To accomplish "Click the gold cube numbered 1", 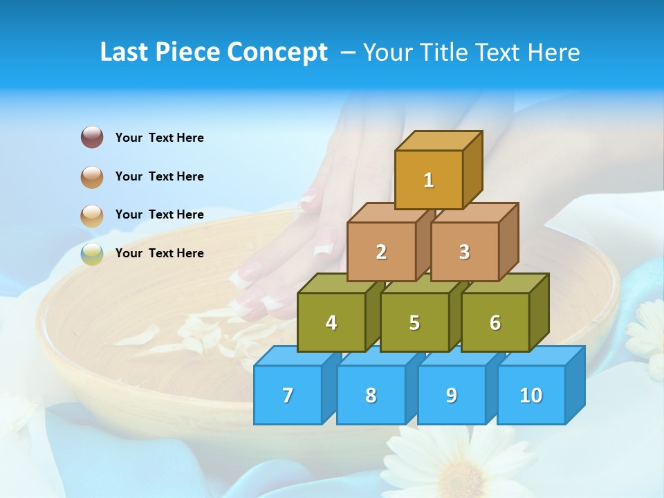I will (x=428, y=180).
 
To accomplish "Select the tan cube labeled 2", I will (x=381, y=252).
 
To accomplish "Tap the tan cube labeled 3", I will (x=464, y=252).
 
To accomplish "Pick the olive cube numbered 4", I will (x=331, y=322).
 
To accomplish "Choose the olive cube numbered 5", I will (x=414, y=322).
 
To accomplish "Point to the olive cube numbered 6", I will (x=495, y=322).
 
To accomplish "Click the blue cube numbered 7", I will (x=288, y=395).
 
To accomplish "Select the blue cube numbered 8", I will (x=371, y=395).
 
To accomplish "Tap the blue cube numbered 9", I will (x=451, y=395).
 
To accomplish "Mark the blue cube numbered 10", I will (x=531, y=395).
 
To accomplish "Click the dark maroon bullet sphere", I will (x=92, y=138).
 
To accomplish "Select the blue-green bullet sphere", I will (x=92, y=254).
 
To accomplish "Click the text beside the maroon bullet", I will (x=159, y=138).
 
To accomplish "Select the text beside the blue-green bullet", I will (x=159, y=253).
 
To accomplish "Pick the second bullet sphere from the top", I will (x=92, y=177).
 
